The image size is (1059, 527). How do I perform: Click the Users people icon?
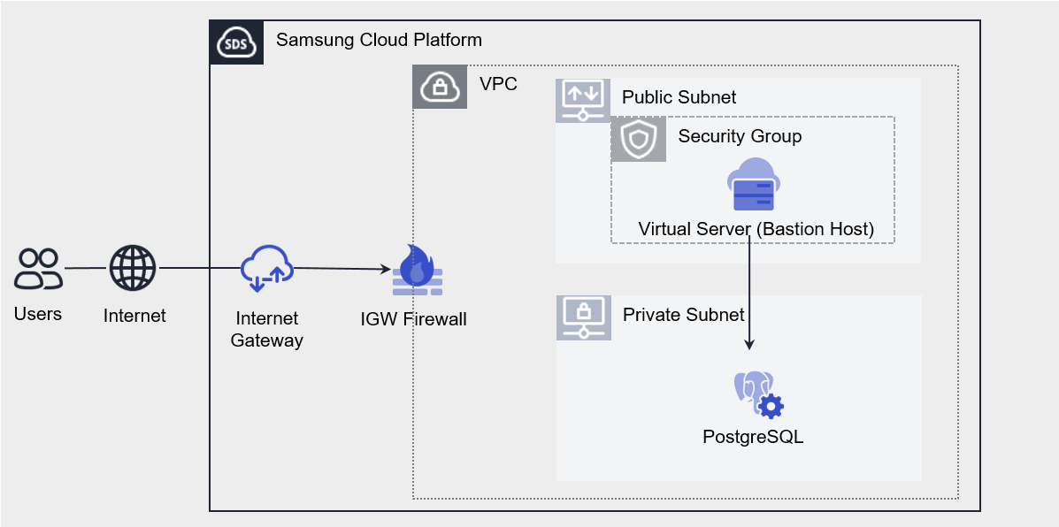38,269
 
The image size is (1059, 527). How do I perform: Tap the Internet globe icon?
133,268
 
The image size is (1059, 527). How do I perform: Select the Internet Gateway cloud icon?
266,268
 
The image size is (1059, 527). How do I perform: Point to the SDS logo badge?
236,42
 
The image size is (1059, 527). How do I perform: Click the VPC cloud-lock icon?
440,87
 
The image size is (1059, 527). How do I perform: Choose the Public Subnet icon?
583,100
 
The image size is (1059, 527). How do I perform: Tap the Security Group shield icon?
639,140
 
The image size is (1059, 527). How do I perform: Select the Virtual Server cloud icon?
753,185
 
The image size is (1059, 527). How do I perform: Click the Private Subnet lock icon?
583,317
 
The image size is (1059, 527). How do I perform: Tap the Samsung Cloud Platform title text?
379,40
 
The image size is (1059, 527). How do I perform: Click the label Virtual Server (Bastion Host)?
756,229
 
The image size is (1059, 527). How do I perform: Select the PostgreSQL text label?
753,436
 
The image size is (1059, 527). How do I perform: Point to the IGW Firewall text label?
413,318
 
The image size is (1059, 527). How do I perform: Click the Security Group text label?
740,136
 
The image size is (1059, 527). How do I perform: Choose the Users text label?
38,314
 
